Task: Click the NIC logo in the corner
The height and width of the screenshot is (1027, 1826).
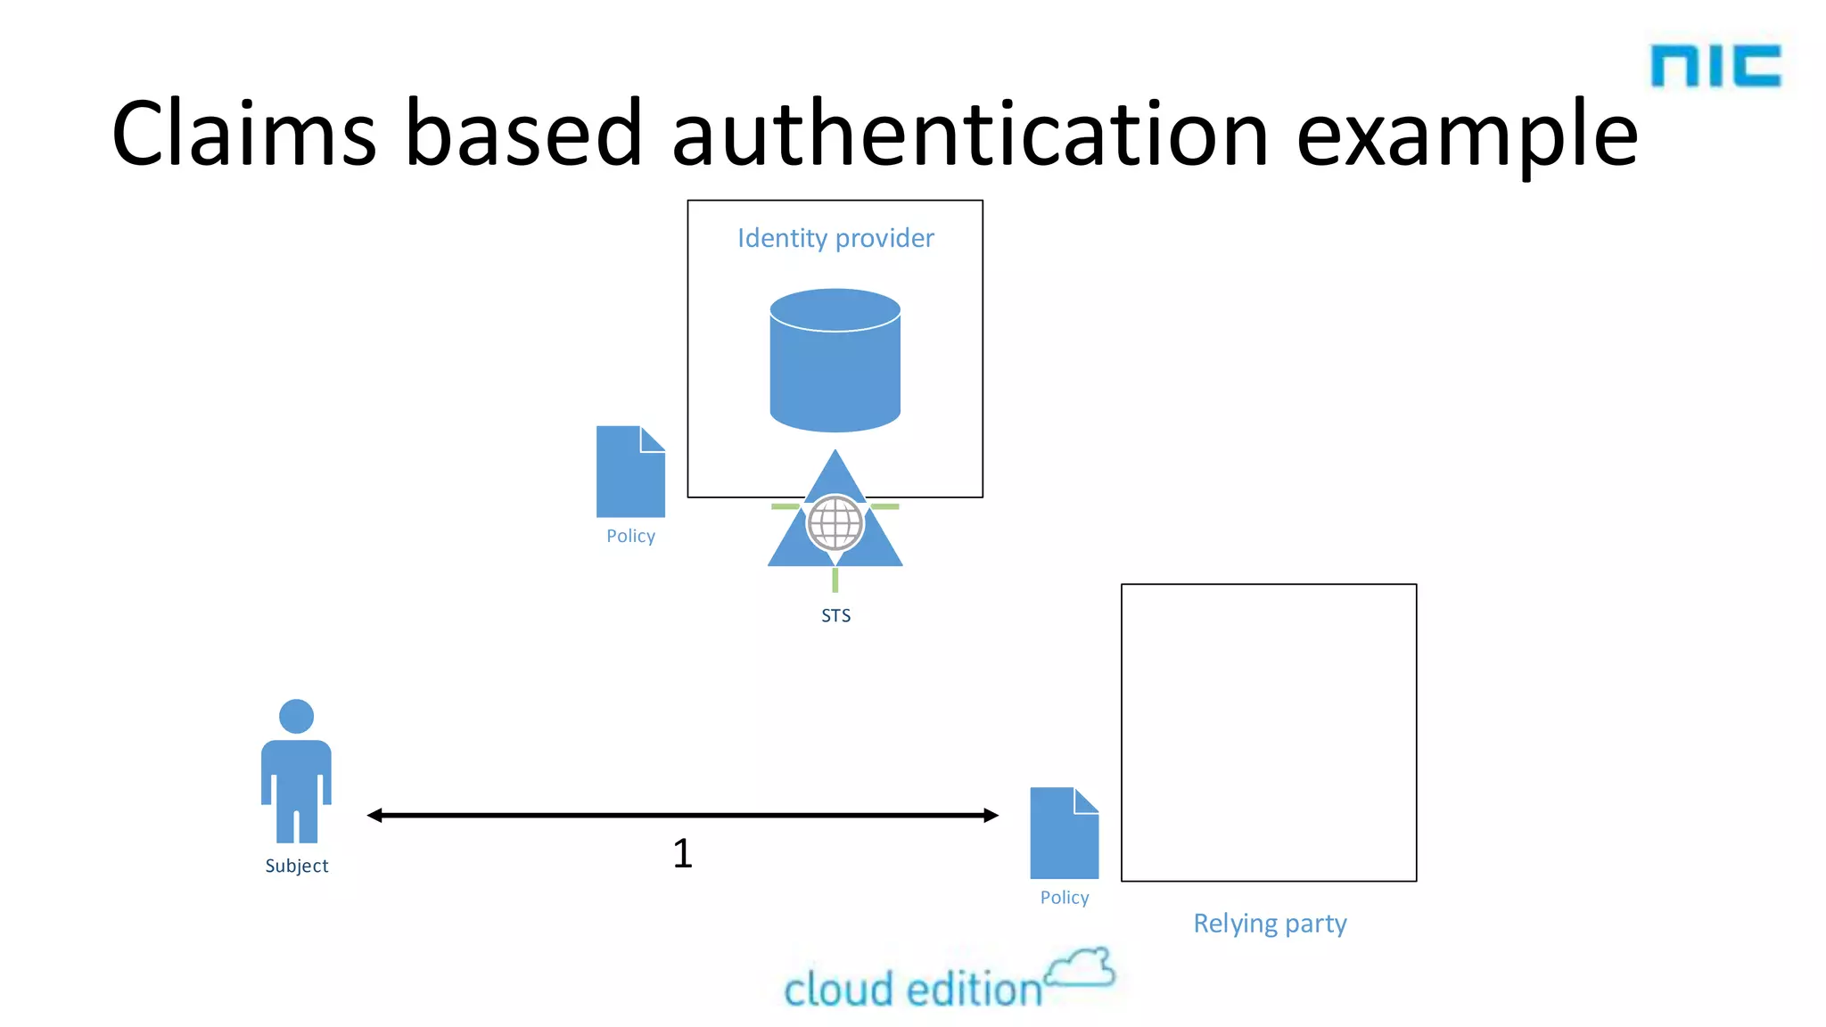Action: (x=1715, y=66)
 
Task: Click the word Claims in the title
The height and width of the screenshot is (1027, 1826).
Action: (x=243, y=134)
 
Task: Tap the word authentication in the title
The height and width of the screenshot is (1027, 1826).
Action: (x=969, y=134)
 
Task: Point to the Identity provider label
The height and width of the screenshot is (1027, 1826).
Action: (x=835, y=238)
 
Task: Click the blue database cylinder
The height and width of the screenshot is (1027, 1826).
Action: (x=835, y=361)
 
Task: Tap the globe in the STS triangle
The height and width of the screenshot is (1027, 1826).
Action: (x=835, y=523)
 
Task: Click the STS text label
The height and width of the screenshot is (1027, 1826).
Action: (x=835, y=616)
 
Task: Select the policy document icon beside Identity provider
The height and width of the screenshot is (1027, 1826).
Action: (x=630, y=472)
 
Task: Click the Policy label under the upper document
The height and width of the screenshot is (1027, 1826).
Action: (x=630, y=536)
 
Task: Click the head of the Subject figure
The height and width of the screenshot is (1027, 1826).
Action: (x=296, y=716)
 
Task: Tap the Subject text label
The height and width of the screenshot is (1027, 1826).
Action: (x=296, y=866)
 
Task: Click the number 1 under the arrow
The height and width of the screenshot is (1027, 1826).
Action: (x=682, y=853)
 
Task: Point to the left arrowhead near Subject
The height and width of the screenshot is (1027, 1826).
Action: (x=374, y=815)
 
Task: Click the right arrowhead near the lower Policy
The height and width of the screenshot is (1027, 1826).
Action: (x=991, y=815)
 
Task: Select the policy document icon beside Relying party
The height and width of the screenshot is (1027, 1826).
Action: (x=1064, y=833)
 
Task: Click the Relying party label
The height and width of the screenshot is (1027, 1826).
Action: (x=1270, y=924)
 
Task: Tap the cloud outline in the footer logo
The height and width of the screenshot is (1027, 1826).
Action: (x=1081, y=969)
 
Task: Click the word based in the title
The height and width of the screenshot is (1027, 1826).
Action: (x=523, y=134)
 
